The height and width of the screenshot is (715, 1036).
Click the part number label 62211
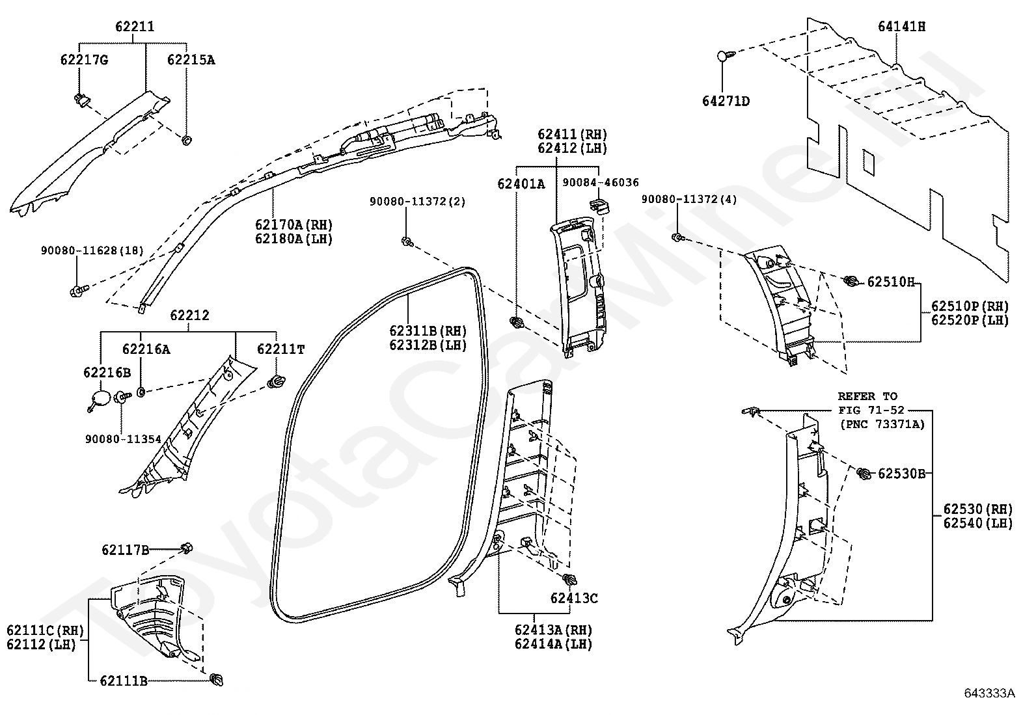(135, 27)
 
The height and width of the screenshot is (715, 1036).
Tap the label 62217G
(84, 60)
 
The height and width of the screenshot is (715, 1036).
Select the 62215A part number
(191, 60)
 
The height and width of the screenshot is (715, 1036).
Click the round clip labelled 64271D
(725, 57)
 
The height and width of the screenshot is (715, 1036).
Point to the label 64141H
(901, 27)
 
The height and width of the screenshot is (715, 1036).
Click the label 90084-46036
(601, 182)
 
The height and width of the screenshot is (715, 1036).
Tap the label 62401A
(521, 184)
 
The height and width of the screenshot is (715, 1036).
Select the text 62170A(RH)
(294, 224)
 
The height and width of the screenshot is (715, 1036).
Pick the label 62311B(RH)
(428, 331)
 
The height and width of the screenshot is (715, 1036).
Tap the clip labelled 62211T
(276, 382)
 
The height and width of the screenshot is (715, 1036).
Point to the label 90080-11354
(123, 439)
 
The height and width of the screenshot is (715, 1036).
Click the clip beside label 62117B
(186, 548)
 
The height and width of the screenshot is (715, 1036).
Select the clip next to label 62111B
(217, 679)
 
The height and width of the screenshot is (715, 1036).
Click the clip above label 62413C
(570, 580)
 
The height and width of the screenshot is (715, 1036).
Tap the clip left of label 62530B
(863, 473)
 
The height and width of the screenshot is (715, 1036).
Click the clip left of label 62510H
(851, 280)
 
